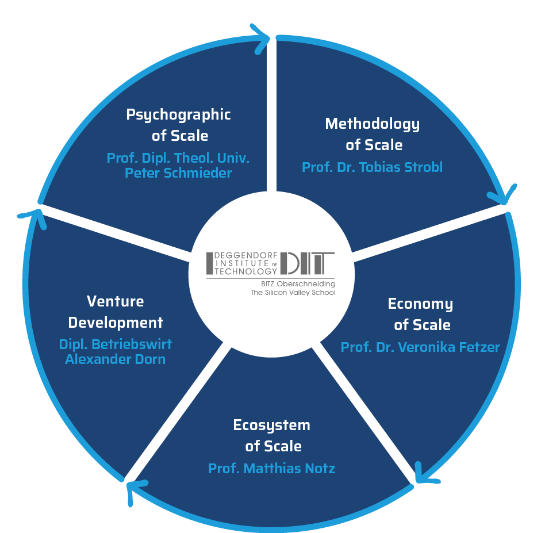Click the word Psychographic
pos(178,114)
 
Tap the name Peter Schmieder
pos(178,172)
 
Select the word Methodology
pos(372,124)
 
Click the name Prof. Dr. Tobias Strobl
pos(372,167)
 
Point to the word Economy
pos(420,304)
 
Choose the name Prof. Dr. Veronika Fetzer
pos(420,347)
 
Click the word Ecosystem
pos(271,425)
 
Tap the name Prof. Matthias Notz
pos(271,469)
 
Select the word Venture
pos(115,301)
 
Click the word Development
pos(115,322)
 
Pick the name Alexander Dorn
pos(115,359)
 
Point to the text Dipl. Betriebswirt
pos(115,344)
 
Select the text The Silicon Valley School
pos(293,293)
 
